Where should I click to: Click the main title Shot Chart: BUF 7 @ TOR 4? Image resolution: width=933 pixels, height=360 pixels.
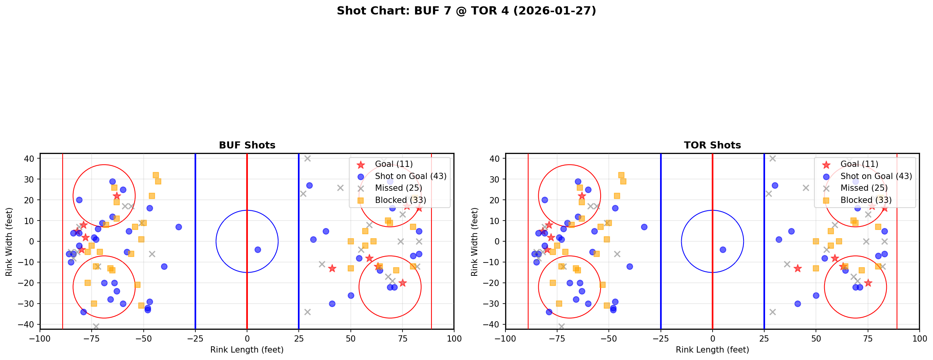[466, 11]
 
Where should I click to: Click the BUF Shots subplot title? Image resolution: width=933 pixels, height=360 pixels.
[247, 145]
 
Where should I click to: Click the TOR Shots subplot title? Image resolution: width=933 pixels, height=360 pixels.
[712, 145]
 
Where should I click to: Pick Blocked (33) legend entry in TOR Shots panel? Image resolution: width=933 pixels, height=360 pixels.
[866, 200]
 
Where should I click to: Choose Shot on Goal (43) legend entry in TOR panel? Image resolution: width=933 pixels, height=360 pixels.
[876, 176]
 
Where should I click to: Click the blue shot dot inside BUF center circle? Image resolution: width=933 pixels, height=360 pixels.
[258, 250]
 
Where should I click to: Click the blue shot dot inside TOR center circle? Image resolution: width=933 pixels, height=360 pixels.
[723, 250]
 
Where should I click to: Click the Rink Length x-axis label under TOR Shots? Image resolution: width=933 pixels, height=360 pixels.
[712, 350]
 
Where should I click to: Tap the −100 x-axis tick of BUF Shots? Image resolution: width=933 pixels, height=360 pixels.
[40, 338]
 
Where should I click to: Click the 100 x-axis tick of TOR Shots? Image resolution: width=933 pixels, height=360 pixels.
[919, 338]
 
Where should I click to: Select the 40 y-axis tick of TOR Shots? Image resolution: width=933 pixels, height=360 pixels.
[494, 159]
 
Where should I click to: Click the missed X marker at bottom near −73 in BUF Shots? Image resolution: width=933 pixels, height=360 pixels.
[96, 326]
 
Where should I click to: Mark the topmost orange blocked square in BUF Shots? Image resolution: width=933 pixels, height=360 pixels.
[156, 175]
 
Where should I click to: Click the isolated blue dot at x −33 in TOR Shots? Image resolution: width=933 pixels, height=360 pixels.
[644, 227]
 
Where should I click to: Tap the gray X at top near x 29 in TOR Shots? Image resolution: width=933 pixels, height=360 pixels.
[772, 159]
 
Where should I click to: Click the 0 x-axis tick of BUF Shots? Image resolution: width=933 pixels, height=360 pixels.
[247, 338]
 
